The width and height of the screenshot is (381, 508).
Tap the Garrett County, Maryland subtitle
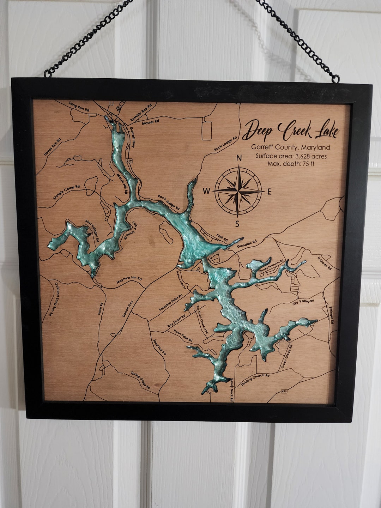290,147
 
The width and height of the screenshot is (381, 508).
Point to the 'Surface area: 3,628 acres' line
291,156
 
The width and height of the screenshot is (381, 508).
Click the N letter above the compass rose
239,158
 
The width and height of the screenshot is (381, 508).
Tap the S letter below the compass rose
237,224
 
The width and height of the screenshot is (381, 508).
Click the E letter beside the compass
270,192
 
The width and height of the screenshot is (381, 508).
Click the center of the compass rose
238,191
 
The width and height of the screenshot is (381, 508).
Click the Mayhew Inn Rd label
129,280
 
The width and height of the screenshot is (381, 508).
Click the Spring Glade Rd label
140,380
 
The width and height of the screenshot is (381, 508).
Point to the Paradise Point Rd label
170,302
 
